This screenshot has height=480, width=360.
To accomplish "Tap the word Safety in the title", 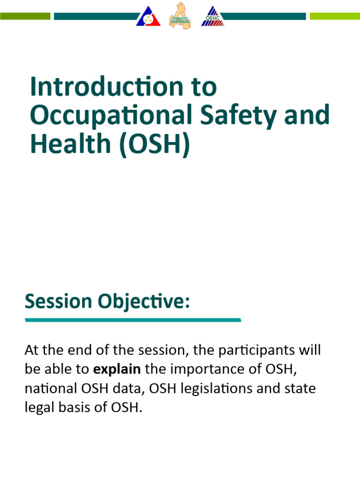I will pyautogui.click(x=244, y=116).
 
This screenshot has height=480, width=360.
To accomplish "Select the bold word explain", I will pyautogui.click(x=117, y=369).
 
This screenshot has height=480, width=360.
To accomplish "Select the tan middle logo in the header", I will pyautogui.click(x=180, y=15).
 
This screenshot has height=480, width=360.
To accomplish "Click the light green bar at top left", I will pyautogui.click(x=25, y=16).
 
